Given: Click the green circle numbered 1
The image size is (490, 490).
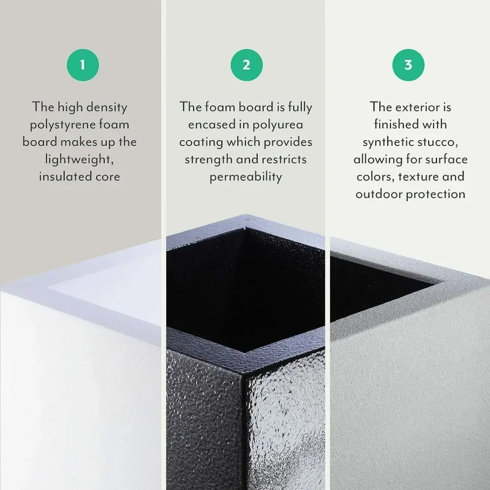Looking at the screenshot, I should [x=82, y=65].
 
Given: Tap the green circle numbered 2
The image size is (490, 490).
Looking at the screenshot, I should [x=246, y=65].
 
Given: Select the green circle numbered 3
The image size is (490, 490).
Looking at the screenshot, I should [x=408, y=65].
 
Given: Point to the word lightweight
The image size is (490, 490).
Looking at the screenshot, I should [x=79, y=160].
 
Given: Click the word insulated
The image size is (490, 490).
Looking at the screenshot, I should [x=61, y=177].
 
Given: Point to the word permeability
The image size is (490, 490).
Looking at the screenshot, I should [x=246, y=177].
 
